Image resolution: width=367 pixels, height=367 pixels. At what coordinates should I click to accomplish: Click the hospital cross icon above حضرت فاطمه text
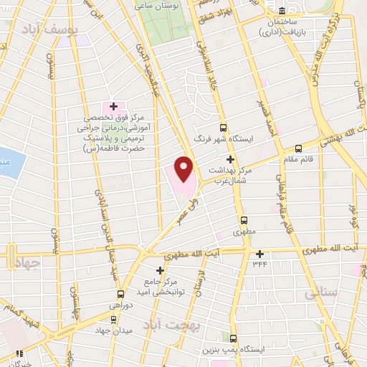pos(113,106)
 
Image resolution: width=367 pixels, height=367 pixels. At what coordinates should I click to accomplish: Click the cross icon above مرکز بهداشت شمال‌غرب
pos(230,159)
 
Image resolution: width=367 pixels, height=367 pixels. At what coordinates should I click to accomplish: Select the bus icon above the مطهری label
pos(244,221)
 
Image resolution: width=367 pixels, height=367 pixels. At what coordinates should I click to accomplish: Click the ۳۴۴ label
pos(259,264)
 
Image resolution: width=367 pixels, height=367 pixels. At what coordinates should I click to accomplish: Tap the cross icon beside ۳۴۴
pos(259,253)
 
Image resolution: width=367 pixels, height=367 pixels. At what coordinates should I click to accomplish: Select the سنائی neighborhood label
pos(320,292)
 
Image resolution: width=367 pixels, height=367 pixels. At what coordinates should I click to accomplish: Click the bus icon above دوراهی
pos(120,294)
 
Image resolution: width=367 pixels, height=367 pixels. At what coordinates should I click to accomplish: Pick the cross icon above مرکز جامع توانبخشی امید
pos(160,270)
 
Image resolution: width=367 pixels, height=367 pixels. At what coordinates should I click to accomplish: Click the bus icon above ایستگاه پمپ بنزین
pos(233,338)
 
